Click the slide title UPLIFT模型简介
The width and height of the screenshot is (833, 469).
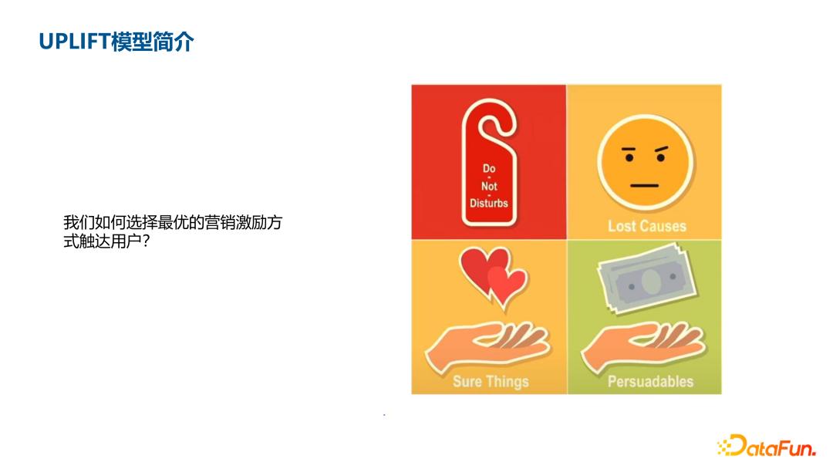point(116,41)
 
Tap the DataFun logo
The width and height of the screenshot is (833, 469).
point(767,446)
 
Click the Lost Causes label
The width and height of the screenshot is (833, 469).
point(646,226)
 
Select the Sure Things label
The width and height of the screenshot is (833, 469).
point(491,381)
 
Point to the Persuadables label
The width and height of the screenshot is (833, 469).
point(650,381)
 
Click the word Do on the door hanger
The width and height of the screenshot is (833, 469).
point(489,169)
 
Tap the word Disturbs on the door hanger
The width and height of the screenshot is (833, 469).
point(489,204)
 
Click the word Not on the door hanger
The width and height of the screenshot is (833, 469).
point(489,186)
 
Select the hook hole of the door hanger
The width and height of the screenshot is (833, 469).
point(488,128)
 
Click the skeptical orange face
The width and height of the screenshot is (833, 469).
point(645,162)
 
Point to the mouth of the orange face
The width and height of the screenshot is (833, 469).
point(644,186)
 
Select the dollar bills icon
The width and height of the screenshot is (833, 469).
point(646,278)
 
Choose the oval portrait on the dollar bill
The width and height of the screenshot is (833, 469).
point(651,282)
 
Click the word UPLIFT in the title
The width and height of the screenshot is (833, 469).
point(75,41)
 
